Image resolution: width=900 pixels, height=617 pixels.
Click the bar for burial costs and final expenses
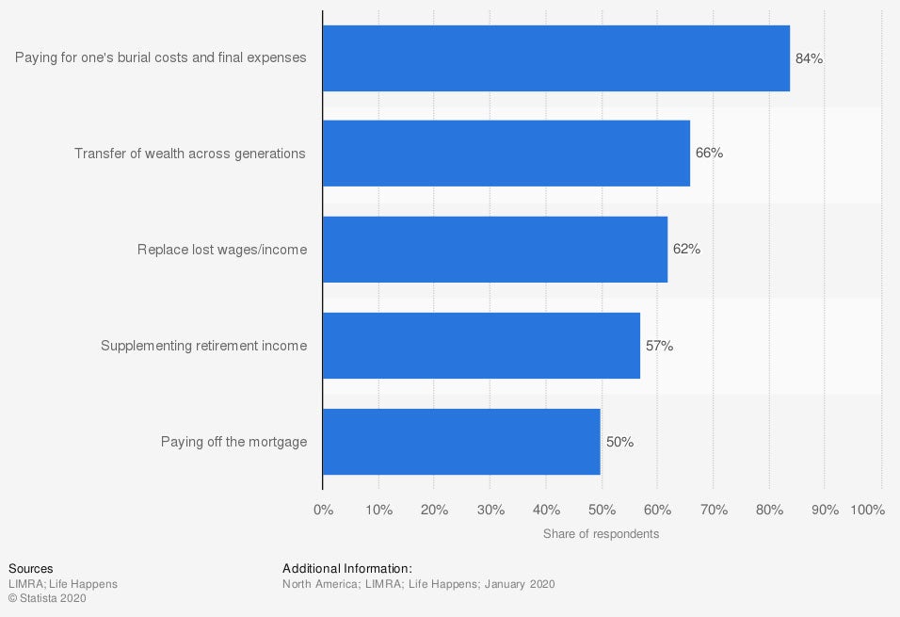point(555,58)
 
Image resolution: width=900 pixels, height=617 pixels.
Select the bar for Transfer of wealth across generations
point(506,154)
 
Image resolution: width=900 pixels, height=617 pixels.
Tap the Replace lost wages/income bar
point(494,250)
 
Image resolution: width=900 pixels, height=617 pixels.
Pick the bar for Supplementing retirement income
point(481,346)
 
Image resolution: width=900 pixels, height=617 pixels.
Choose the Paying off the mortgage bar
point(461,442)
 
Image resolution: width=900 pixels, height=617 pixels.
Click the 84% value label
point(809,58)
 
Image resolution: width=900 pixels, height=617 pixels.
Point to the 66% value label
point(709,153)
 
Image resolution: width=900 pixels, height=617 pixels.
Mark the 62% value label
point(686,250)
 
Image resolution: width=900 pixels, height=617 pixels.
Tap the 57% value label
point(659,346)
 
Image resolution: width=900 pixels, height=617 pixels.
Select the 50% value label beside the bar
point(619,442)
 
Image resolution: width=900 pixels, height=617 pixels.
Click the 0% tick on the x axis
point(323,510)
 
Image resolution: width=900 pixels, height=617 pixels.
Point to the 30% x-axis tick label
point(490,510)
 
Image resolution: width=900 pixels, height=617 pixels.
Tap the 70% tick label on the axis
point(714,510)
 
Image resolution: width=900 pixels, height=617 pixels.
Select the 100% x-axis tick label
point(867,510)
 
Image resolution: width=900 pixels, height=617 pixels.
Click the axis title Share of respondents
point(601,534)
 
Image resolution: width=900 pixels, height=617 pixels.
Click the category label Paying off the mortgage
point(233,442)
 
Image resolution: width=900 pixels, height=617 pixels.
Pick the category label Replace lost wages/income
point(222,250)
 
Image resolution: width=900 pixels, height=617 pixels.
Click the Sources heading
point(30,569)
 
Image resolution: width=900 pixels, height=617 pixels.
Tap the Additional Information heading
point(347,569)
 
